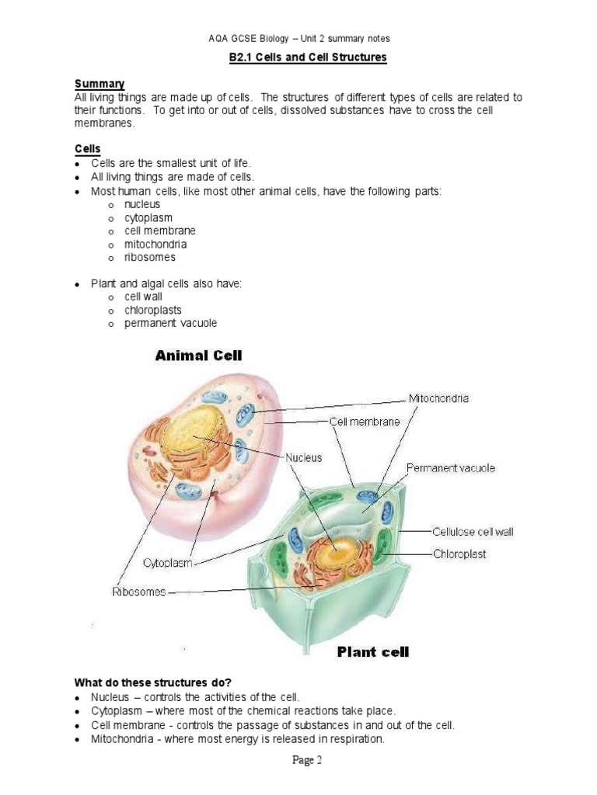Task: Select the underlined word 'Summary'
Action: click(99, 84)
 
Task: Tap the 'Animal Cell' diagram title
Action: click(199, 356)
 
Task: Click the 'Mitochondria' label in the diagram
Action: click(439, 398)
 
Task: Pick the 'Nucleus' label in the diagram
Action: click(304, 458)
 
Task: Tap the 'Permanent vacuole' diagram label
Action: click(451, 468)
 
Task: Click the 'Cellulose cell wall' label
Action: click(473, 532)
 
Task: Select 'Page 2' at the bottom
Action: click(307, 761)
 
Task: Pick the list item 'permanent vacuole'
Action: click(171, 323)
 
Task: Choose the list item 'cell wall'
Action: click(144, 297)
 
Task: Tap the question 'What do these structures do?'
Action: click(150, 683)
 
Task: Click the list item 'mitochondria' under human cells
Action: click(156, 244)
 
